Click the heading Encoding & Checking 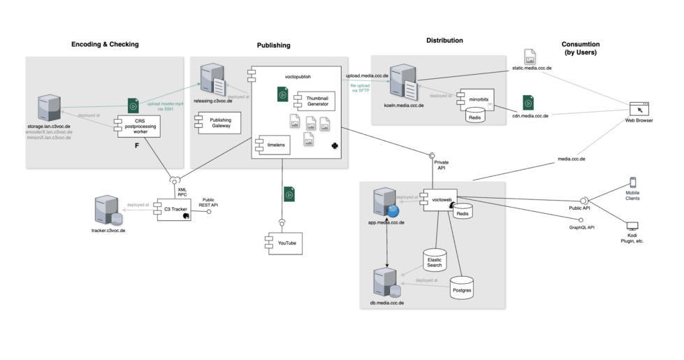[x=105, y=45]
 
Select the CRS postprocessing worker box [x=140, y=126]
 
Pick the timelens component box [x=267, y=145]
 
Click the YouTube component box [x=282, y=243]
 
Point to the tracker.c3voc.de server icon [x=106, y=210]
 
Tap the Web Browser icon [x=639, y=108]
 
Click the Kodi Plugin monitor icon [x=632, y=226]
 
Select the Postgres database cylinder [x=462, y=287]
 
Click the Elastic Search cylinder [x=435, y=261]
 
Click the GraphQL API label [x=581, y=227]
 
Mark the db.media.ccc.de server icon [x=386, y=282]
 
